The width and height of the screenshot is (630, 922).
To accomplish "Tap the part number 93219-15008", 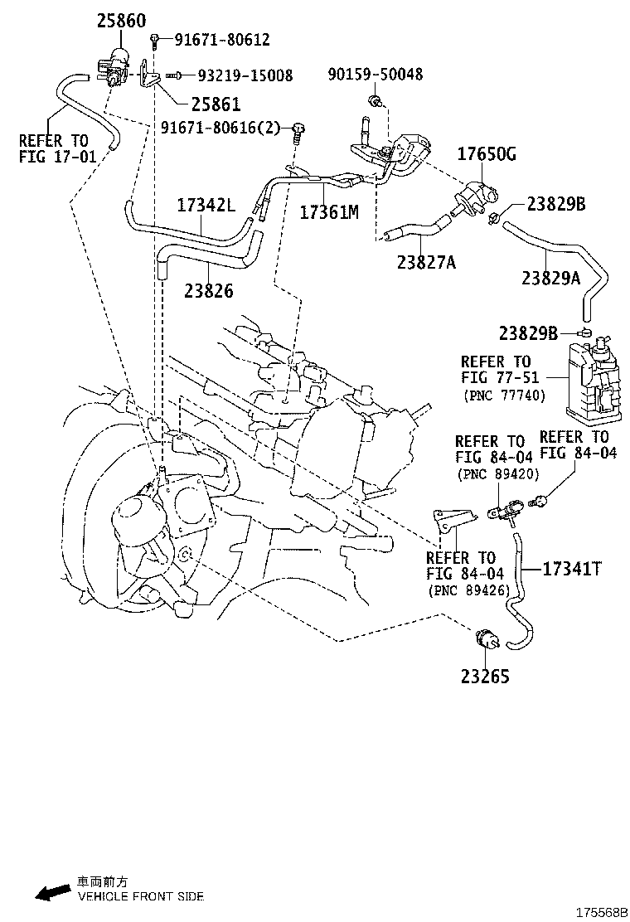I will [x=245, y=75].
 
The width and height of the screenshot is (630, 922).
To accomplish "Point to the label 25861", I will [x=215, y=105].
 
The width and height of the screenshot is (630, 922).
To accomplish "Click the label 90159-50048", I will [x=375, y=75].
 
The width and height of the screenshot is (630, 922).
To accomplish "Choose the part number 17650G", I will [x=488, y=153].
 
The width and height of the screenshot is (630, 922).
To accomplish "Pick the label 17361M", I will [x=328, y=212].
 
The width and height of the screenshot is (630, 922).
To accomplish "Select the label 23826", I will [x=209, y=291].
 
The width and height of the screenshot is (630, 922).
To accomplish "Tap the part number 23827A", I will [x=426, y=263].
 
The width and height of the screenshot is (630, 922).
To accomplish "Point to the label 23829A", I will [x=550, y=279].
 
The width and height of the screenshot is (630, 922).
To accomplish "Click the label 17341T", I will [x=572, y=569].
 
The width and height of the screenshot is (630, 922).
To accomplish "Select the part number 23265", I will [x=485, y=676].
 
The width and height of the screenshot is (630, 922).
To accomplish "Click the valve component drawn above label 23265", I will [x=485, y=640].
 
